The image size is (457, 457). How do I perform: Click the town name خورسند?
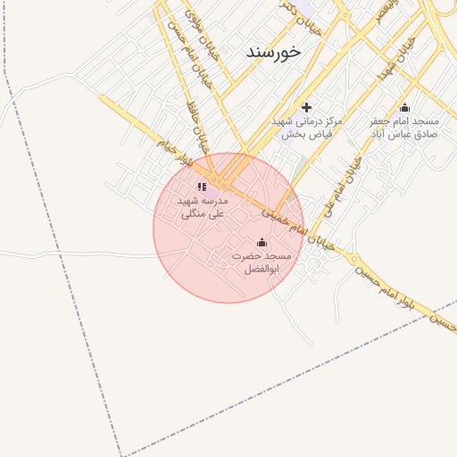point(274,53)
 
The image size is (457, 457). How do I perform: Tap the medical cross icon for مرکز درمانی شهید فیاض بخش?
point(307,107)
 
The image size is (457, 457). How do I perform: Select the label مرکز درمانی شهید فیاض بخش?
point(307,128)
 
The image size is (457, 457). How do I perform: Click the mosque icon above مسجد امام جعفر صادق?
point(404,107)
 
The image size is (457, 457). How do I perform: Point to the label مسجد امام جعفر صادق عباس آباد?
point(404,128)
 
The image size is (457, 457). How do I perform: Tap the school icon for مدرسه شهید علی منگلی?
point(202,187)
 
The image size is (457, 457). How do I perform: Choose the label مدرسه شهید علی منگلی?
point(203,207)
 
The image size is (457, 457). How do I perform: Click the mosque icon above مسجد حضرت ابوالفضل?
point(262,242)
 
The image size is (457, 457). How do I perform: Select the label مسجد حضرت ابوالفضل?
point(262,262)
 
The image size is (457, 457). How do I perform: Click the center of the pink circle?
point(228,228)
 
